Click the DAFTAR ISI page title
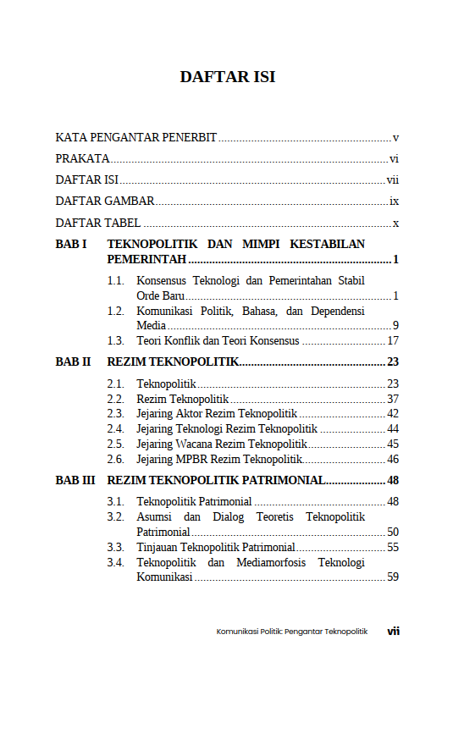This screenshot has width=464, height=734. (228, 77)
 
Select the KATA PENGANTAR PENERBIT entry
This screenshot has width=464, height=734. (136, 137)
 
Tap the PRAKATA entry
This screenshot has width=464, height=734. (83, 158)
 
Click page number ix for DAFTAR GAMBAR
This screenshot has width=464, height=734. (394, 201)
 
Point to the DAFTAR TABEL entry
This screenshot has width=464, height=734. (98, 224)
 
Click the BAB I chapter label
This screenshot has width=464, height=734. (71, 245)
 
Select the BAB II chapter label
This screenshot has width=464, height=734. (73, 362)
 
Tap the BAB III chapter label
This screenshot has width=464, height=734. (75, 481)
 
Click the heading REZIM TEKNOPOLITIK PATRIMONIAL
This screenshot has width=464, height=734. (216, 481)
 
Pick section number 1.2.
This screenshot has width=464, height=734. (116, 312)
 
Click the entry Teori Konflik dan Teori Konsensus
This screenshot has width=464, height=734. (218, 341)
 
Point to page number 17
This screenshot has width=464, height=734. (393, 341)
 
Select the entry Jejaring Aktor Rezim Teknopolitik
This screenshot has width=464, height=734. (216, 414)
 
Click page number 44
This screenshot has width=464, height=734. (393, 429)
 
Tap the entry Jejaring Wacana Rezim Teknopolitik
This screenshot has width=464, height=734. (221, 444)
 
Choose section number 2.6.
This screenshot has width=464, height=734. (116, 459)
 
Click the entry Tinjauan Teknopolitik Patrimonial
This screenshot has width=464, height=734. (216, 548)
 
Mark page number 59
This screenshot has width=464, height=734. (393, 577)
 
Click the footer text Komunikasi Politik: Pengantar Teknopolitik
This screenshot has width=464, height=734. (292, 632)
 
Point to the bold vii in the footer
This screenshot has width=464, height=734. (394, 631)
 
